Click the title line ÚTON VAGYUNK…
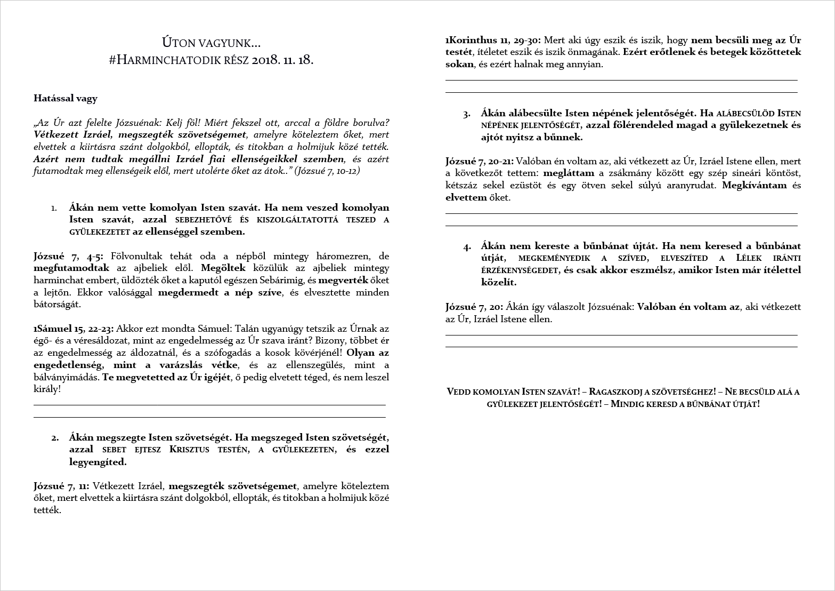[211, 43]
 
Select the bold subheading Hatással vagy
[66, 98]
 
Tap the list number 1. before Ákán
[54, 208]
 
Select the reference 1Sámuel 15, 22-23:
[73, 329]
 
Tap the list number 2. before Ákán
[55, 438]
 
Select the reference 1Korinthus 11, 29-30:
[493, 41]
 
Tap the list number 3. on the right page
[467, 114]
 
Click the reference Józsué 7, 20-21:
[479, 161]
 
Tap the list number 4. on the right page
[467, 247]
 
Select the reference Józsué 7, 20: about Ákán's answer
[474, 307]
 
